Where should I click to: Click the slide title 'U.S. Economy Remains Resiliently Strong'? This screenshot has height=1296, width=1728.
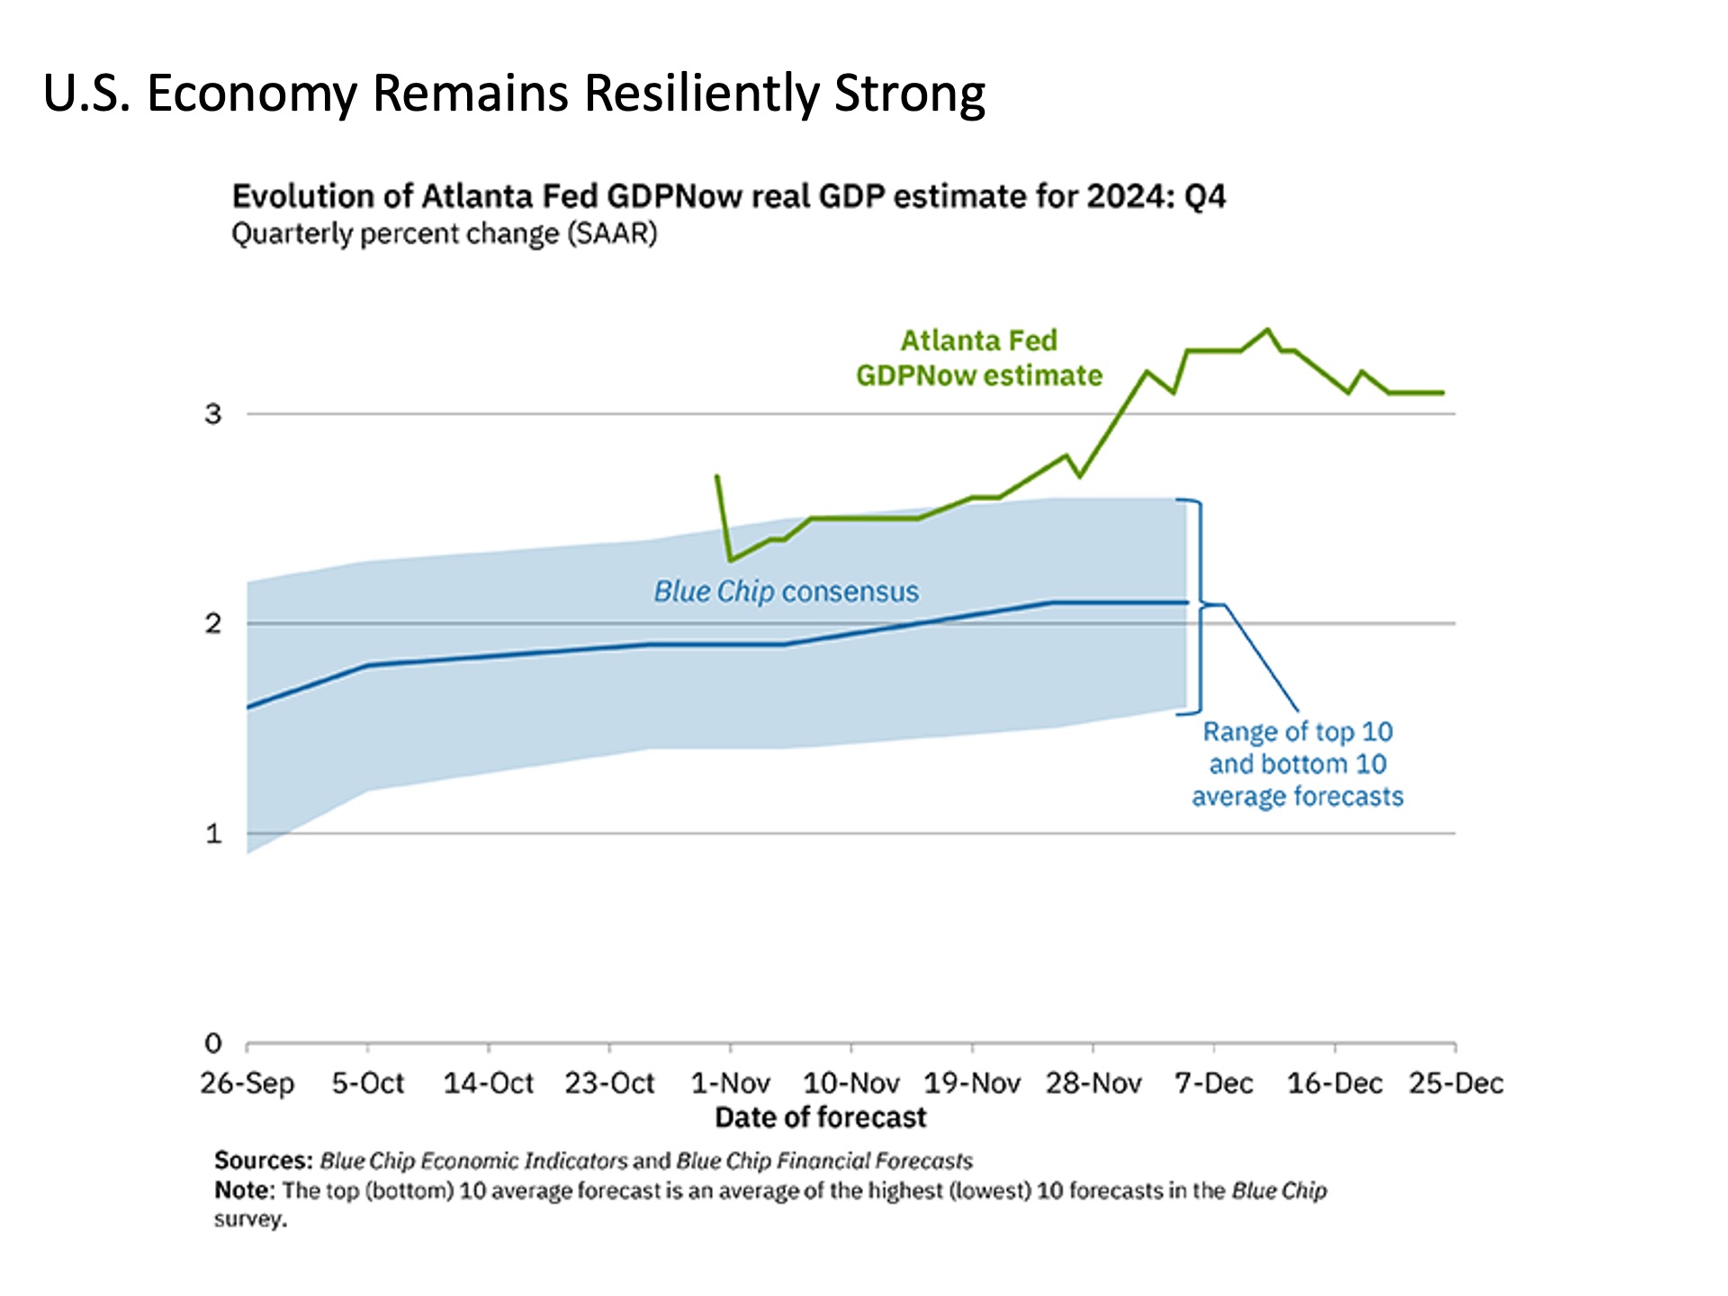click(514, 94)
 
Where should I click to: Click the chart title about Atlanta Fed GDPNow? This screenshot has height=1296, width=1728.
click(729, 196)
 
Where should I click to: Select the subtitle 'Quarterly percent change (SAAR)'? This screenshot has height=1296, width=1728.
click(445, 234)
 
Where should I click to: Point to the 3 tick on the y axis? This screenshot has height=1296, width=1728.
click(213, 414)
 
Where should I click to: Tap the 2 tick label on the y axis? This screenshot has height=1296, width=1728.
click(213, 623)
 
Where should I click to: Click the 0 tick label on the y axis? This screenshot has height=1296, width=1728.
click(213, 1043)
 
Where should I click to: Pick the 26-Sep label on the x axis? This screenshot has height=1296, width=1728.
click(247, 1084)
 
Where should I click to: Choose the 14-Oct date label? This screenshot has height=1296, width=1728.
click(489, 1083)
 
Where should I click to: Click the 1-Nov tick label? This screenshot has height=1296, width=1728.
click(731, 1083)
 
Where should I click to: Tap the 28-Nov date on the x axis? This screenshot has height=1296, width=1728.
click(1093, 1083)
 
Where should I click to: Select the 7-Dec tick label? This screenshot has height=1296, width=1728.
click(1214, 1083)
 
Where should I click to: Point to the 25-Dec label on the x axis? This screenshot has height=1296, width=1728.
click(1456, 1083)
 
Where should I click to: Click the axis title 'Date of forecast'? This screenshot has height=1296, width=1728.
click(821, 1118)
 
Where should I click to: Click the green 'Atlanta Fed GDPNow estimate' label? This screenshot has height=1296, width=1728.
click(979, 357)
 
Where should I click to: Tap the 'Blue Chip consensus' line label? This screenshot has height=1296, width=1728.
click(787, 591)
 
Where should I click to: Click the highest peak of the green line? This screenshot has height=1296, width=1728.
click(1268, 329)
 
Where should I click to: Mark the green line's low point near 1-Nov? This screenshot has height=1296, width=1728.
click(731, 560)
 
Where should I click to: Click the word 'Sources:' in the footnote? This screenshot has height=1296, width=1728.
click(264, 1161)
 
